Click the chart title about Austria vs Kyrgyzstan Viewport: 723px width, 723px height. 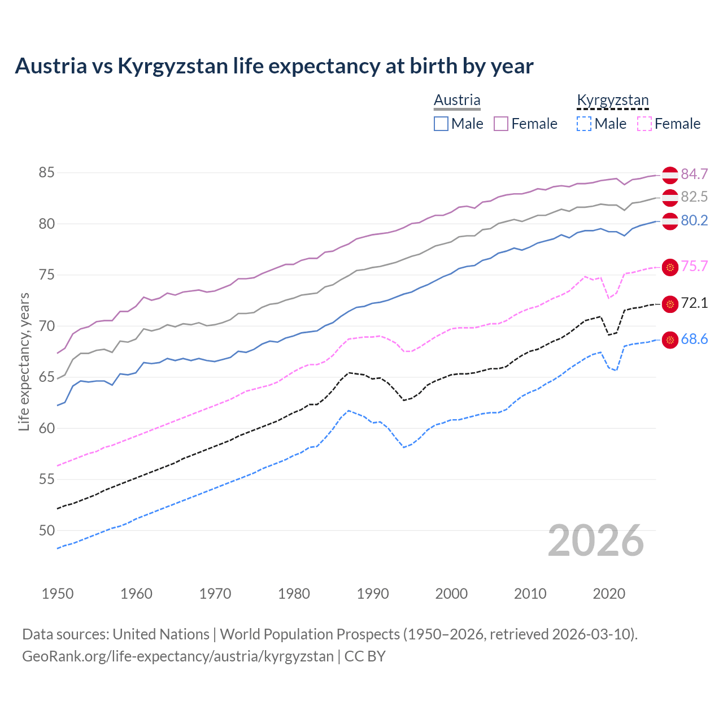[x=274, y=66]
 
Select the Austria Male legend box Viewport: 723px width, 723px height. [x=441, y=124]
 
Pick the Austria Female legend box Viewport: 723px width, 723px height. [x=501, y=124]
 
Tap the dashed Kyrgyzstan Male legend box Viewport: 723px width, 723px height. [x=584, y=124]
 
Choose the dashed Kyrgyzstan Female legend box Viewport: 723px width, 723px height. [x=644, y=124]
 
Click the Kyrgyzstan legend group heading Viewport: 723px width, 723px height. [x=613, y=101]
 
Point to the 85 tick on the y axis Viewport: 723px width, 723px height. [x=46, y=173]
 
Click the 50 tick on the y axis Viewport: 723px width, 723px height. [x=46, y=530]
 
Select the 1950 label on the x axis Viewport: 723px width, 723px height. [x=58, y=594]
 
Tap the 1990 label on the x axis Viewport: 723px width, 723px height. [x=373, y=594]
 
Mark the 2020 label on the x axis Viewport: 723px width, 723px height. [x=609, y=594]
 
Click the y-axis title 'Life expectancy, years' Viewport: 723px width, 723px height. [x=24, y=361]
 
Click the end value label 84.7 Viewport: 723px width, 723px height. [x=694, y=174]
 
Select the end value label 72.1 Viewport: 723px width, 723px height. [x=694, y=303]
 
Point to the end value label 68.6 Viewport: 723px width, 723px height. [x=694, y=339]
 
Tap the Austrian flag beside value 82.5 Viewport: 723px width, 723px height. [x=670, y=198]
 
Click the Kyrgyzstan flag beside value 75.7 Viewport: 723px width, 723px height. [x=670, y=267]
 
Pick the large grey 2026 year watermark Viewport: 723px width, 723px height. [x=596, y=541]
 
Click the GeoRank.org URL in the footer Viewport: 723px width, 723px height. [x=178, y=656]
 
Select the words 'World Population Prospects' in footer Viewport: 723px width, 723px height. [x=310, y=634]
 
